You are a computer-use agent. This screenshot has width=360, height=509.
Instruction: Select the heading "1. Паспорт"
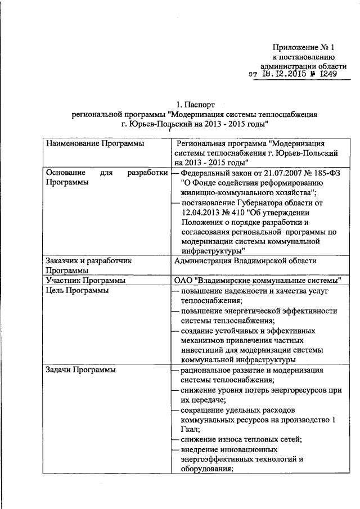[x=196, y=105]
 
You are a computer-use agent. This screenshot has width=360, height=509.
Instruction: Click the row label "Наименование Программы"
[x=92, y=144]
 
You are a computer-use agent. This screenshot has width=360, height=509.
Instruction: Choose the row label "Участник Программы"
[x=85, y=280]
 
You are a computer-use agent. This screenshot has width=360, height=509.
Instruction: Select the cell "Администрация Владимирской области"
[x=246, y=261]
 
